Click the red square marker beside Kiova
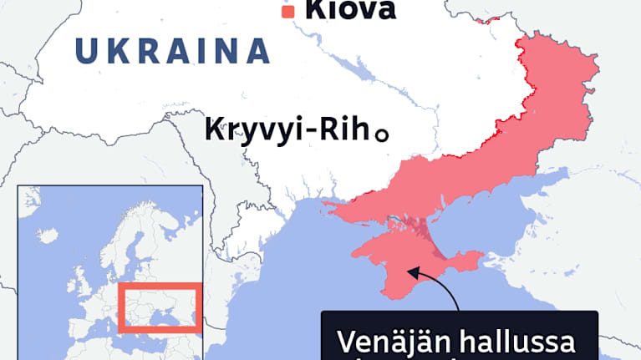pyautogui.click(x=288, y=12)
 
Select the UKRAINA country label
pyautogui.click(x=173, y=52)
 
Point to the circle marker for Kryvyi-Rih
pyautogui.click(x=382, y=134)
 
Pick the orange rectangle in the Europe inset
pyautogui.click(x=159, y=308)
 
